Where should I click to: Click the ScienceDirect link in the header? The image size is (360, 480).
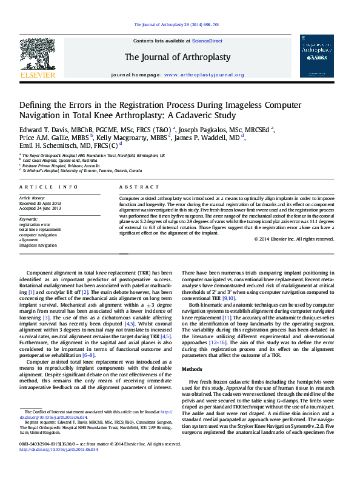tap(207, 41)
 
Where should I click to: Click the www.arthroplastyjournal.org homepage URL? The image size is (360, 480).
tap(204, 75)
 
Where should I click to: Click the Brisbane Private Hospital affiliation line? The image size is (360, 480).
tap(61, 165)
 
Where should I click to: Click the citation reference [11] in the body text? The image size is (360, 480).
tap(226, 318)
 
